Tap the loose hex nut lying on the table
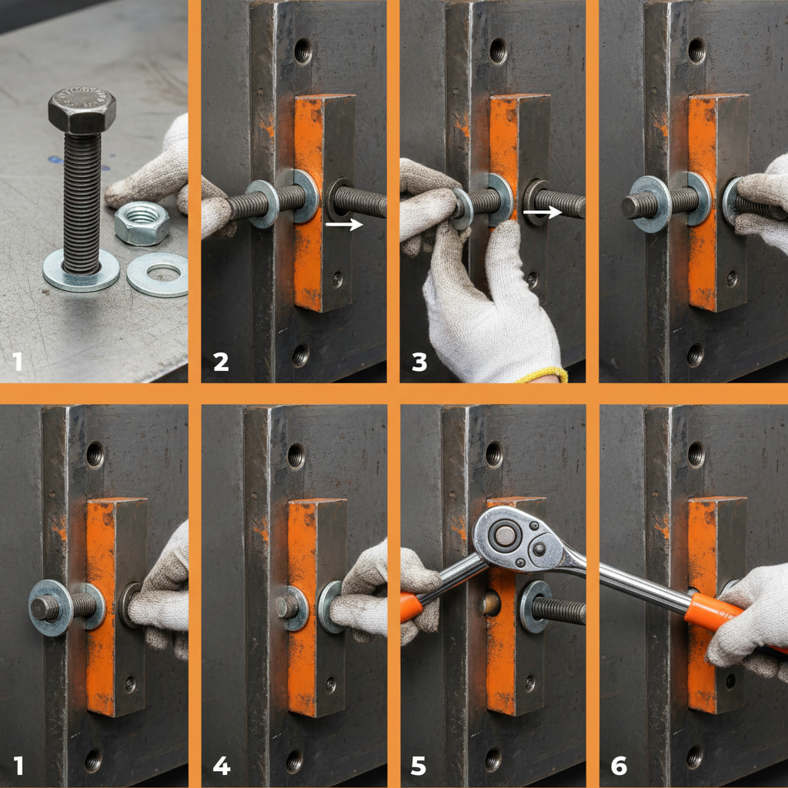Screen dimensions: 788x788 click(x=142, y=222)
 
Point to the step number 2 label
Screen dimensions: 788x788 click(x=221, y=361)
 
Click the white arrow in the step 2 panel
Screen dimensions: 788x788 click(x=343, y=225)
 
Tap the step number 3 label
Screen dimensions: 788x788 click(x=419, y=361)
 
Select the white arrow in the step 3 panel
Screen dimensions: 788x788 click(x=542, y=212)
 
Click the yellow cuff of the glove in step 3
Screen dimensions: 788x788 click(x=543, y=376)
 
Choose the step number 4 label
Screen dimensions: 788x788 click(x=221, y=766)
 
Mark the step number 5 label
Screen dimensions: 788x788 click(x=419, y=766)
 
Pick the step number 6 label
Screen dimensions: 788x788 click(x=618, y=766)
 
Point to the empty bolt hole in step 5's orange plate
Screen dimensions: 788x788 click(x=491, y=603)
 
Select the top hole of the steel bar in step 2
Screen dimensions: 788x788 click(x=302, y=52)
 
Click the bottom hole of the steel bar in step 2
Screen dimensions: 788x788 click(x=300, y=355)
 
